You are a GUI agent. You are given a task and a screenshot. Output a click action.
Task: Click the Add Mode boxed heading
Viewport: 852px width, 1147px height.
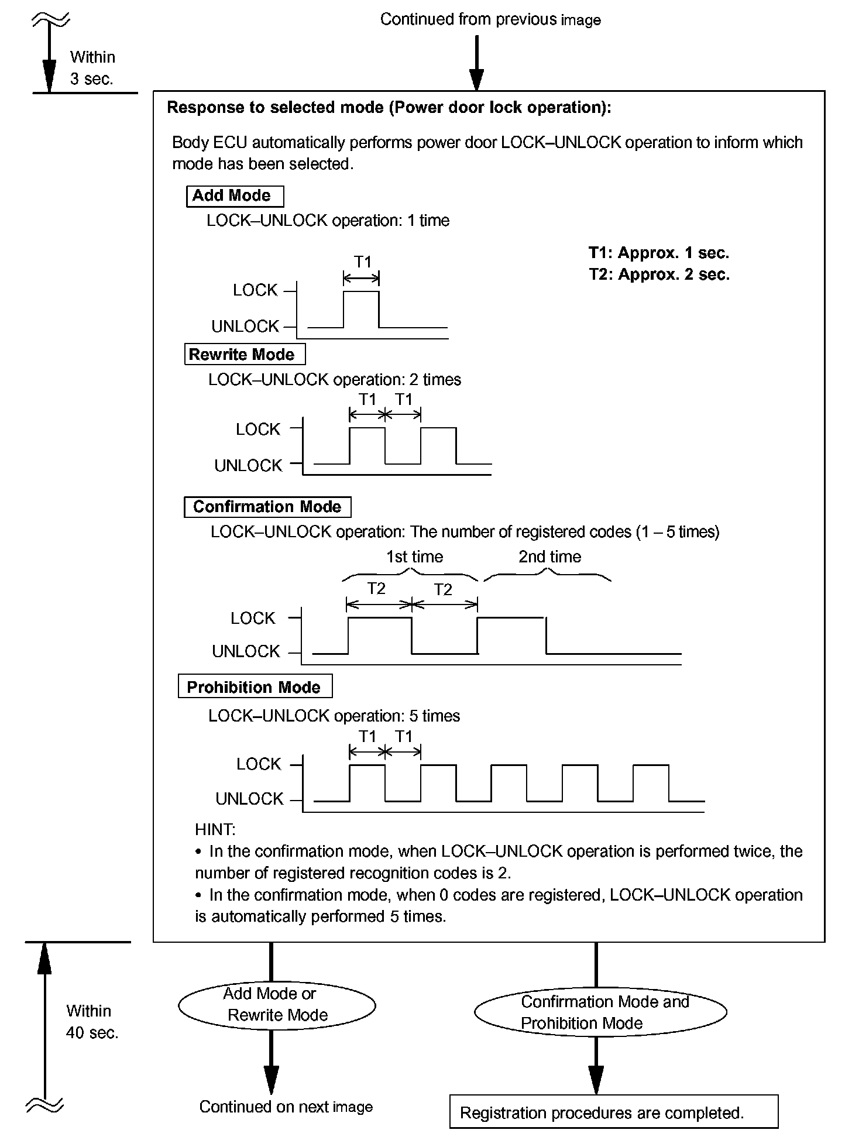(x=235, y=196)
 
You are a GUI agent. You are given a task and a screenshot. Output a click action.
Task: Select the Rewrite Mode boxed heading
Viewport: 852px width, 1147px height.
(x=245, y=355)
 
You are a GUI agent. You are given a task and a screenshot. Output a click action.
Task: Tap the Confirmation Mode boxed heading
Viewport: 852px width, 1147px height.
(x=267, y=507)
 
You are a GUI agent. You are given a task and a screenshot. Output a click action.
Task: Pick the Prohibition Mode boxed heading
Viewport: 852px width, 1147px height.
(x=255, y=687)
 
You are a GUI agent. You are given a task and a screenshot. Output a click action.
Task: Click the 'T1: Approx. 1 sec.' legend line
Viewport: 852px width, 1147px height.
(x=659, y=253)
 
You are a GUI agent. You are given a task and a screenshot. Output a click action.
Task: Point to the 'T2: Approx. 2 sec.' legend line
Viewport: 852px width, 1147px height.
(x=659, y=274)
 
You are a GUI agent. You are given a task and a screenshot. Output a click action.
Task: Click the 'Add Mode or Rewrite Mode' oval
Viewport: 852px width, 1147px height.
(x=277, y=1005)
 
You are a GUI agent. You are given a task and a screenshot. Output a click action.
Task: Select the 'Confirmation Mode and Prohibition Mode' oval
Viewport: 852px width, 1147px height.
(x=600, y=1013)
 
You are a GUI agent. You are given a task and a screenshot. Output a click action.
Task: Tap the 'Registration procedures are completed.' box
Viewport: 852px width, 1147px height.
(x=613, y=1112)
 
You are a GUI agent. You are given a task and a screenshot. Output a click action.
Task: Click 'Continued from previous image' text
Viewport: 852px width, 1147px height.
(x=490, y=19)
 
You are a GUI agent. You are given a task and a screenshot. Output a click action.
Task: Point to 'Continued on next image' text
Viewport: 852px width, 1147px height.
(x=286, y=1107)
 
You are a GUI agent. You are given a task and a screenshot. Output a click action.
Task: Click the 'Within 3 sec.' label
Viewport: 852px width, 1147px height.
(x=92, y=68)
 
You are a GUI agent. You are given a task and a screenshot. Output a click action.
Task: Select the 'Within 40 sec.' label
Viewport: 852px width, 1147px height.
(x=92, y=1022)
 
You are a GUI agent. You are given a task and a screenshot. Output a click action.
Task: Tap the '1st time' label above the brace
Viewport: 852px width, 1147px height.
(x=414, y=557)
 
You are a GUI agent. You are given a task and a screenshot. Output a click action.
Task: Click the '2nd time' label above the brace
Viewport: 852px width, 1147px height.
(x=549, y=557)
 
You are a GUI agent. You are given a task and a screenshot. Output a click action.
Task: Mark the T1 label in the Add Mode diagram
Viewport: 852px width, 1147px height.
(x=362, y=262)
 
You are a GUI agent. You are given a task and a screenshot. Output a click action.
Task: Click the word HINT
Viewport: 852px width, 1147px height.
(x=215, y=829)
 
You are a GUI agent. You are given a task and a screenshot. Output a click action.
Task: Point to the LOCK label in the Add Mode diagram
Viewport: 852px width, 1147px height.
(x=255, y=290)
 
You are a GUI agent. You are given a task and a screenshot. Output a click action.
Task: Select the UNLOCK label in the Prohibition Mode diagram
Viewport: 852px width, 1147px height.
(x=249, y=799)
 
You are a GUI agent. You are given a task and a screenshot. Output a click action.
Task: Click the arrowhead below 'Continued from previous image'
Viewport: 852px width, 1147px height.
(x=476, y=80)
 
